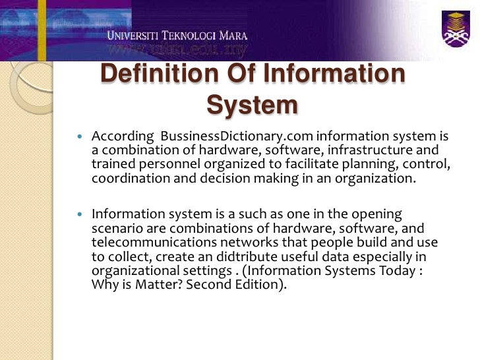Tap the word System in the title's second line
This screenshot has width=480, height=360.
[252, 104]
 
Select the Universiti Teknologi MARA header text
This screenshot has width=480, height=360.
[178, 35]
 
